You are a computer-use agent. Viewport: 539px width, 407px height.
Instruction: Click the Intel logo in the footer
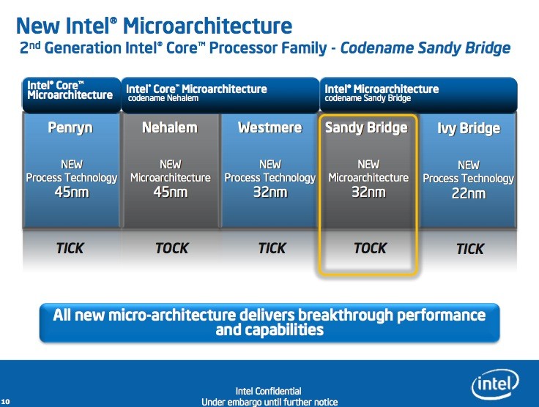(x=495, y=384)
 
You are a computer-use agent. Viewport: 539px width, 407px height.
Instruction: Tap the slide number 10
(x=6, y=402)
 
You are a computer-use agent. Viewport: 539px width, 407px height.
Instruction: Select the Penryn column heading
(x=70, y=128)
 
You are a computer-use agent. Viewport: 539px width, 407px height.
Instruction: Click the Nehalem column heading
(x=170, y=128)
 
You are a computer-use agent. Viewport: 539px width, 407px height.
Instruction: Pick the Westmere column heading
(x=269, y=128)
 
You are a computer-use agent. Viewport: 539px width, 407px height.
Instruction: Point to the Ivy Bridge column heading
(x=469, y=129)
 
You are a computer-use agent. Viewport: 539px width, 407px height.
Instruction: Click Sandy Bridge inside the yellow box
(x=366, y=128)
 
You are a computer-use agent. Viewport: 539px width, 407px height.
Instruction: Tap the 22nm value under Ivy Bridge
(x=469, y=193)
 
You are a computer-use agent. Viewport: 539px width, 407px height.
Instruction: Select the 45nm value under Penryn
(x=72, y=193)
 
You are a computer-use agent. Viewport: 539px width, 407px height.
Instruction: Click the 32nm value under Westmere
(x=270, y=193)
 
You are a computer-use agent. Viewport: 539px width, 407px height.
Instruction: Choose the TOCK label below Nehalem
(x=172, y=248)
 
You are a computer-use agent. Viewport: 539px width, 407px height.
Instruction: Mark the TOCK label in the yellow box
(x=371, y=248)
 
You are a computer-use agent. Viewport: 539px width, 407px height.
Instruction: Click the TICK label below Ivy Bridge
(x=470, y=249)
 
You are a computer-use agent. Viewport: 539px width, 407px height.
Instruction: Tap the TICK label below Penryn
(x=70, y=248)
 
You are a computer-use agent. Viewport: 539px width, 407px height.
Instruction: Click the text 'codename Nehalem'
(x=163, y=99)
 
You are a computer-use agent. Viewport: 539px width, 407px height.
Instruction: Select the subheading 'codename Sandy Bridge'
(x=368, y=99)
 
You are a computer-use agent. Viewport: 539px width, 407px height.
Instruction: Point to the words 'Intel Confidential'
(x=269, y=391)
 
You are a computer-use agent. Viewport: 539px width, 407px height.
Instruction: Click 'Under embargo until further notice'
(x=269, y=402)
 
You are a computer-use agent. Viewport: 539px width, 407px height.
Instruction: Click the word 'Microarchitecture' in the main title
(x=208, y=26)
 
